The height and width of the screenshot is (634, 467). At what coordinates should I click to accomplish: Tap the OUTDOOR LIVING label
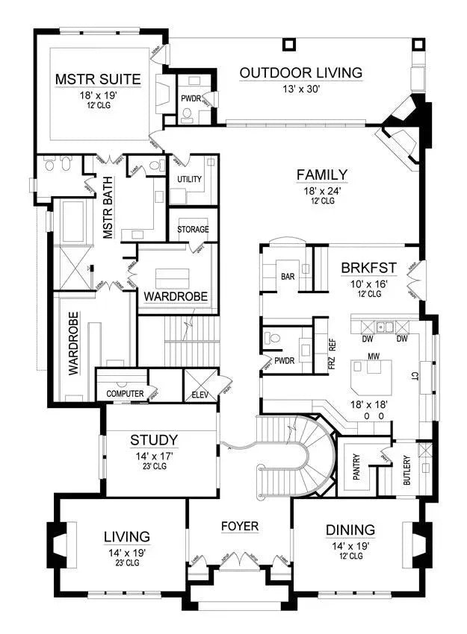(300, 72)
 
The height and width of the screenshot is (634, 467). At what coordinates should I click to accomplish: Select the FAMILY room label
(321, 175)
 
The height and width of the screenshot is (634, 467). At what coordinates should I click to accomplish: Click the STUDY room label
(153, 439)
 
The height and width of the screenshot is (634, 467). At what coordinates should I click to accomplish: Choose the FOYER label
(240, 527)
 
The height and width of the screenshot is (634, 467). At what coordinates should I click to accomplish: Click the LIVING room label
(126, 536)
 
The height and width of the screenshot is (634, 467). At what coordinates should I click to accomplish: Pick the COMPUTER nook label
(125, 393)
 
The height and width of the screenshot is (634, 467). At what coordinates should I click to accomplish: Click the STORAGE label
(193, 230)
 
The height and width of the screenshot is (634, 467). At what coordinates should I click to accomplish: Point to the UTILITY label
(190, 180)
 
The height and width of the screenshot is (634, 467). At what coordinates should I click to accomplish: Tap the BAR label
(287, 277)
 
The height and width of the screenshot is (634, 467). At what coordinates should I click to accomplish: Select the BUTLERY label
(406, 471)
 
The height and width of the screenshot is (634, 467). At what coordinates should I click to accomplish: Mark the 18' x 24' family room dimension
(321, 190)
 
